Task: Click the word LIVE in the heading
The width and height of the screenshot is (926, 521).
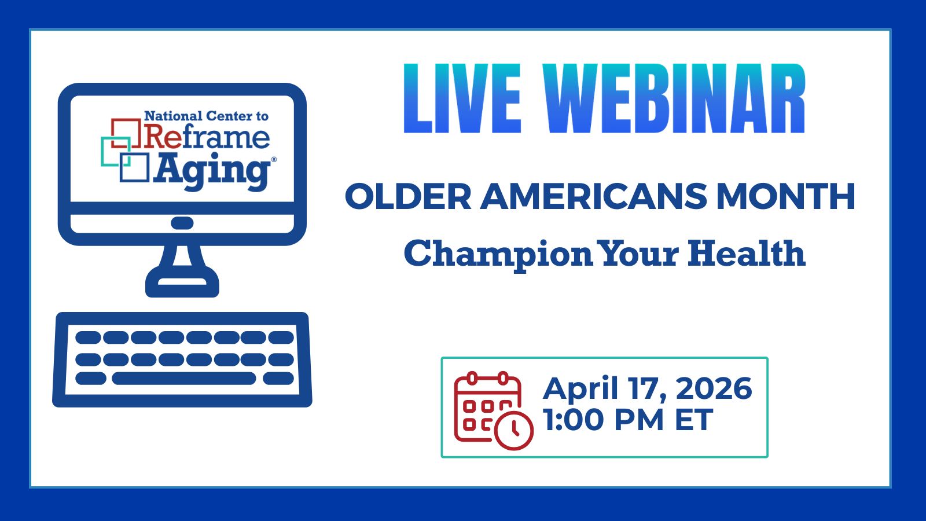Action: click(462, 98)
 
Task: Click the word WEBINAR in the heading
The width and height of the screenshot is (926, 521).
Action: click(674, 98)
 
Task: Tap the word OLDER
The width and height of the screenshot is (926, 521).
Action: click(408, 196)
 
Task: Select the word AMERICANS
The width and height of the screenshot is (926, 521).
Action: click(594, 196)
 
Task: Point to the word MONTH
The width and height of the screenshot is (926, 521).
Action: click(785, 196)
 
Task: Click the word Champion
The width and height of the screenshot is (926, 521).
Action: click(498, 254)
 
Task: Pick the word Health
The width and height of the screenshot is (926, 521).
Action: click(747, 253)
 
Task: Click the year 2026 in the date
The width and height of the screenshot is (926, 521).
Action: click(714, 388)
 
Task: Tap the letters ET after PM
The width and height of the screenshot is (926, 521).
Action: click(694, 420)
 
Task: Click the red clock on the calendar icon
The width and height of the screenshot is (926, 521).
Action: click(514, 431)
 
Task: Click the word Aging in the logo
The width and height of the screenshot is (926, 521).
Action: click(212, 171)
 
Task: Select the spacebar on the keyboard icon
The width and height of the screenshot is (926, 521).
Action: click(184, 379)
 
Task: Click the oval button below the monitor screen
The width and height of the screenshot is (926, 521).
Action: click(182, 223)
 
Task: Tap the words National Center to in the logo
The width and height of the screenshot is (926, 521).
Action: click(206, 116)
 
